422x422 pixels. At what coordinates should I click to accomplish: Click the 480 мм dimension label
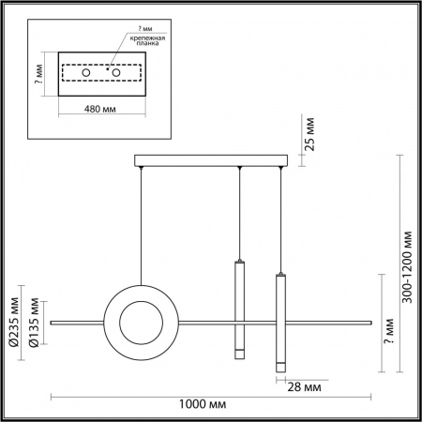coord(102,108)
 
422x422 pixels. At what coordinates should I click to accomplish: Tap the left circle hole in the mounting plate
coord(85,72)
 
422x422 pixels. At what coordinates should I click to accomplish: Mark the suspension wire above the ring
coord(142,225)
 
